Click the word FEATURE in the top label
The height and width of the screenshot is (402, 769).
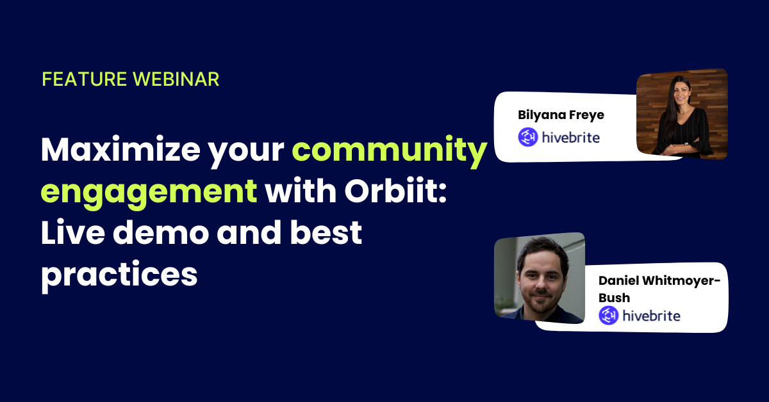pyautogui.click(x=85, y=79)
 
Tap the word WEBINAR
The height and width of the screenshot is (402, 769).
pyautogui.click(x=176, y=79)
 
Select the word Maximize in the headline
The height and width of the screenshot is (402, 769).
pyautogui.click(x=120, y=150)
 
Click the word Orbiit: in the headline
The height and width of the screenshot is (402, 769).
pyautogui.click(x=395, y=190)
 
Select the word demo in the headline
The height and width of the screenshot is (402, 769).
pyautogui.click(x=161, y=232)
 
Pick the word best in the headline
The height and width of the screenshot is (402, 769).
pyautogui.click(x=326, y=232)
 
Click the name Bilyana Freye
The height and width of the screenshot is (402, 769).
pyautogui.click(x=561, y=115)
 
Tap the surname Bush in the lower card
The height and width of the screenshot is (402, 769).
pyautogui.click(x=614, y=298)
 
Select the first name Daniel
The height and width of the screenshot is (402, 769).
pyautogui.click(x=618, y=280)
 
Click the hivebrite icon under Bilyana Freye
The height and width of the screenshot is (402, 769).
pyautogui.click(x=528, y=137)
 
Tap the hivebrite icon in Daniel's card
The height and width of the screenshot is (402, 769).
pyautogui.click(x=609, y=316)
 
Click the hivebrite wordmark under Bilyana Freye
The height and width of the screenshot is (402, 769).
pyautogui.click(x=571, y=138)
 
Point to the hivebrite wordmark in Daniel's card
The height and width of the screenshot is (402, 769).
pyautogui.click(x=651, y=316)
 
